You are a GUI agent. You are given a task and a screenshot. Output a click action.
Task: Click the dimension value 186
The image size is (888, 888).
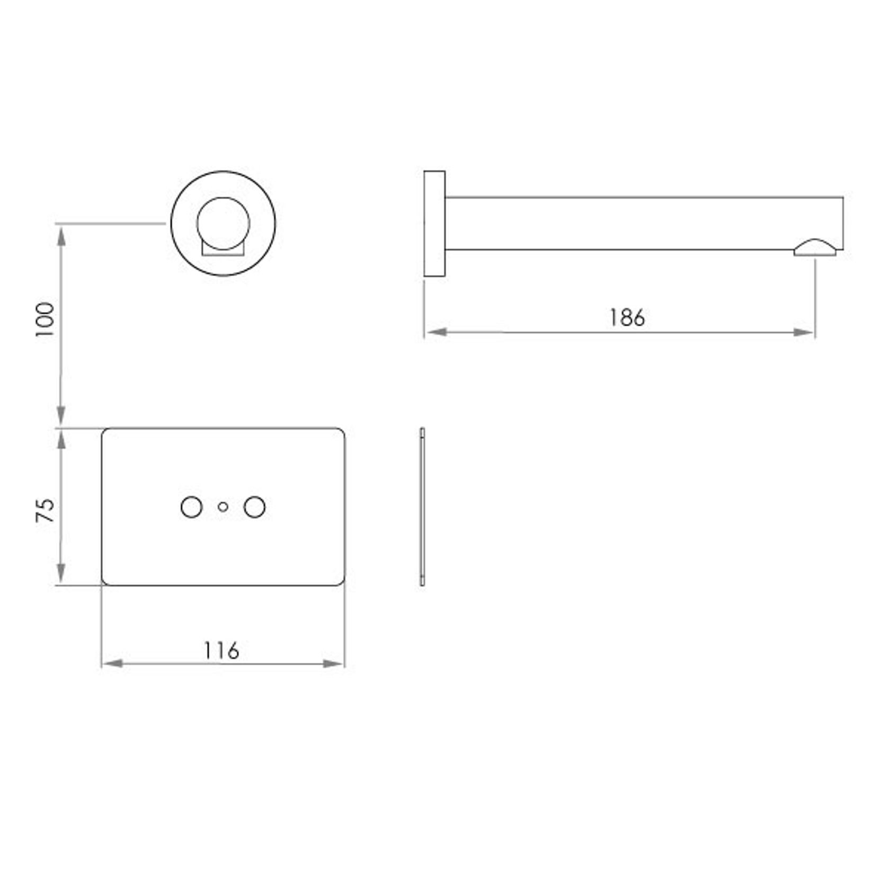point(627,317)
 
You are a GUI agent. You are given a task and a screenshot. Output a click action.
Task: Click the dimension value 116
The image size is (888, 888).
point(222,650)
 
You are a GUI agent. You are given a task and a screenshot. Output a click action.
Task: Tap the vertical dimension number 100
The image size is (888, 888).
point(46,320)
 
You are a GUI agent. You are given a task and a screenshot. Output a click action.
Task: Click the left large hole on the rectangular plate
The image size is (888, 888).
point(191,507)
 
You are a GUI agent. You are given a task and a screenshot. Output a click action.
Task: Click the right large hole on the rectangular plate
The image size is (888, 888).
point(254,507)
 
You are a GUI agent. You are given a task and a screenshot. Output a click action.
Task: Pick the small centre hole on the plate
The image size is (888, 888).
point(223,507)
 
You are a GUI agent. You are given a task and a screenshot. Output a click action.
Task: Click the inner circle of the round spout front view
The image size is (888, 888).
point(223,223)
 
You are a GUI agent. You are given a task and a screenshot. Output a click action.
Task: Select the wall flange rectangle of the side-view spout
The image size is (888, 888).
point(434,224)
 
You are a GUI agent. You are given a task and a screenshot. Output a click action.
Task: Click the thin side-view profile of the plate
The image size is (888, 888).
point(422,507)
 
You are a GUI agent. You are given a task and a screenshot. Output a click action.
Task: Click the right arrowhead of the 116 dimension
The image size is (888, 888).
point(334,663)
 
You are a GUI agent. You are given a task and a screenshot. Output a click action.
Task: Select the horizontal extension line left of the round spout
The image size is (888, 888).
point(111,224)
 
